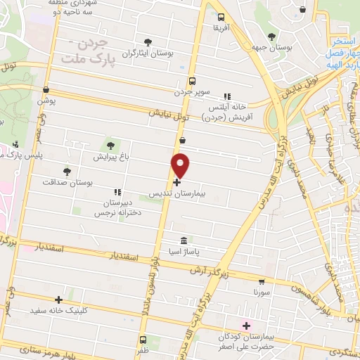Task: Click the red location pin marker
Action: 181,165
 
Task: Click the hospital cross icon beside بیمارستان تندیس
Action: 176,181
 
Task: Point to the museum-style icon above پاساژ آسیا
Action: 184,240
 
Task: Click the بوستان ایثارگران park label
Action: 147,53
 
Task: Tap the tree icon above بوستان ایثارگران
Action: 147,42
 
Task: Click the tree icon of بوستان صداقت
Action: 67,171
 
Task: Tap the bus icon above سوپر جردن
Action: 192,80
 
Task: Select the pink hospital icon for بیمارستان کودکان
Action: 246,326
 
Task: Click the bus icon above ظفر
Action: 143,337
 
